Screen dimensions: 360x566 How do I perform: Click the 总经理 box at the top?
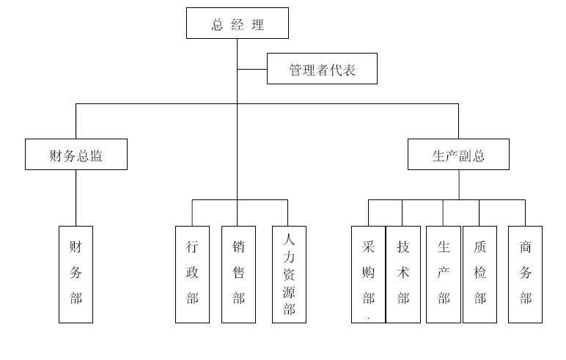point(237,23)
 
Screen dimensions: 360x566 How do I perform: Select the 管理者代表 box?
point(322,69)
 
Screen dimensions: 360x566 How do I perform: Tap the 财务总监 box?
point(76,155)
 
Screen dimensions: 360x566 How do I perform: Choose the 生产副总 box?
point(458,155)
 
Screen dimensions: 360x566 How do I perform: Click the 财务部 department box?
point(76,274)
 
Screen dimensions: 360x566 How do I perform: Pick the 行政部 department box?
point(192,274)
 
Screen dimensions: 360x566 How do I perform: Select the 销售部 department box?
point(238,274)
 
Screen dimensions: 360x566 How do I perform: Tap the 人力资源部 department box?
point(289,274)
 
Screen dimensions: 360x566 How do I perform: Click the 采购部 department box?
point(368,274)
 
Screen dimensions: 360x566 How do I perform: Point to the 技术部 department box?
point(403,274)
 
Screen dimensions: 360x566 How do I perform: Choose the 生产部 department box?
point(444,274)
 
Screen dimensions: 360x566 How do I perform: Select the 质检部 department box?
point(480,274)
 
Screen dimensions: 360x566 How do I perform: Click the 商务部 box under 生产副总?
point(525,274)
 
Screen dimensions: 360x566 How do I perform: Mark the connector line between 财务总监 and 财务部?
point(76,198)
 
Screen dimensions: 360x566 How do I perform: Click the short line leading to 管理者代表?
point(252,69)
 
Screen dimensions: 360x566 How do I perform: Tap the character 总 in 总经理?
point(218,25)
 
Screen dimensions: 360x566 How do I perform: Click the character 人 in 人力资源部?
point(289,238)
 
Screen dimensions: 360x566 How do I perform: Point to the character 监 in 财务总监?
point(96,155)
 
